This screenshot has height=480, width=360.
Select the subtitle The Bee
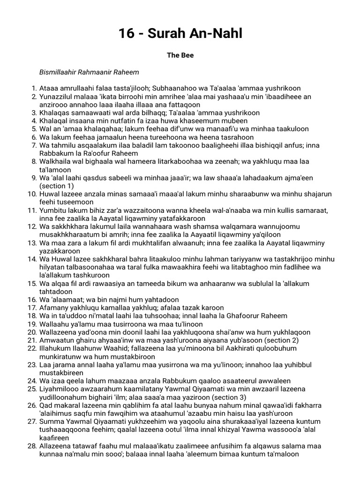[x=180, y=55]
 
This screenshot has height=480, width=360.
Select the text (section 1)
[x=55, y=186]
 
